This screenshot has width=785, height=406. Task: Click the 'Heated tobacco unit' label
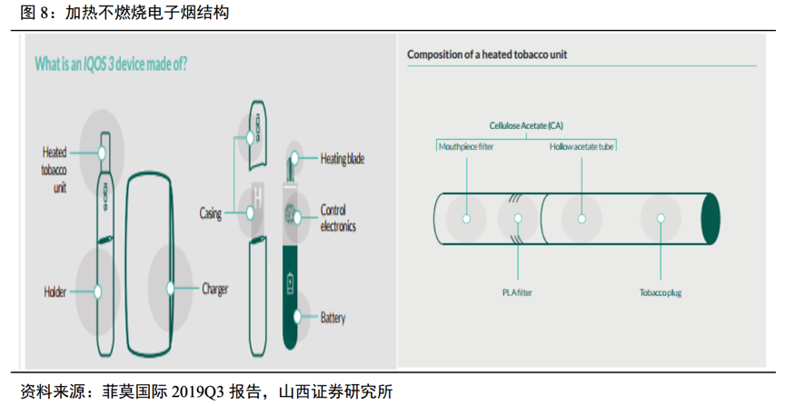54,170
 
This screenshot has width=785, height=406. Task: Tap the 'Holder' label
55,292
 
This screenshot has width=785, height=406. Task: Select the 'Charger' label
214,290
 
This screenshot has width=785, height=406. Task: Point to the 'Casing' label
210,213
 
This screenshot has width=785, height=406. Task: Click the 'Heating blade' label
343,158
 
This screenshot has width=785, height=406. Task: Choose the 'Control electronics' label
338,218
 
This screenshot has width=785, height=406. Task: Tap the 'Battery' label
333,318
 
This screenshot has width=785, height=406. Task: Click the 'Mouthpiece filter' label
466,146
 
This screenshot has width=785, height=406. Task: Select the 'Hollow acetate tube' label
582,146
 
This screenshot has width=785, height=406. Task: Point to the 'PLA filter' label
518,292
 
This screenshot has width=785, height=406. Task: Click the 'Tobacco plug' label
661,292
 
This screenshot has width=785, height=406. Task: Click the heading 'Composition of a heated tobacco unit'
487,54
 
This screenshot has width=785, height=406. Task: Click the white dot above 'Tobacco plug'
661,218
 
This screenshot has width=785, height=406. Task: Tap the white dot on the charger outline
170,288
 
